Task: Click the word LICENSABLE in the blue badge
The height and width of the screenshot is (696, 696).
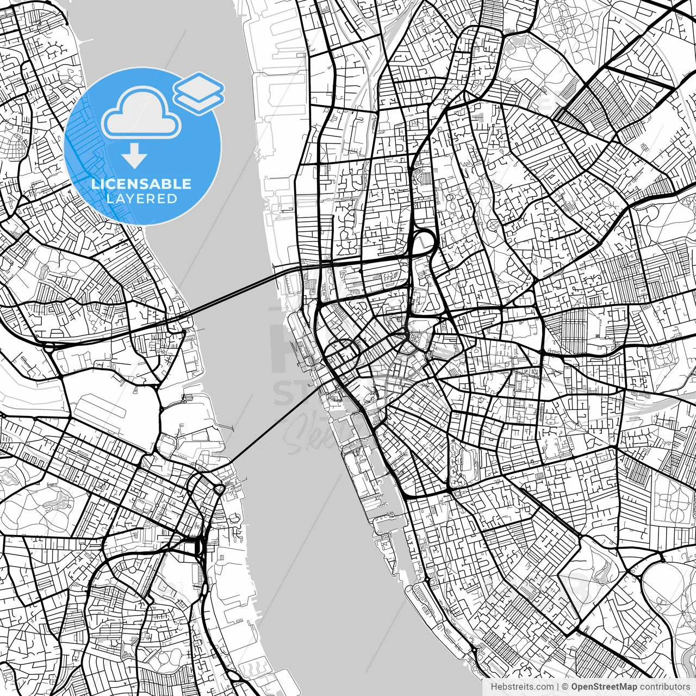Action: (x=141, y=184)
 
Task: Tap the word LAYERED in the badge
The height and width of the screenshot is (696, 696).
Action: (x=141, y=198)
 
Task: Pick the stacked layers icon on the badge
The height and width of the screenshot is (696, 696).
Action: (x=199, y=92)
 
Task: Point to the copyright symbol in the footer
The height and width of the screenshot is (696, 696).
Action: (x=565, y=687)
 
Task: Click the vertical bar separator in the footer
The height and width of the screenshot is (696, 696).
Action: (x=558, y=687)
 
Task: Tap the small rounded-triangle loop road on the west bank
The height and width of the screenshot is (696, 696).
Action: (x=220, y=490)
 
